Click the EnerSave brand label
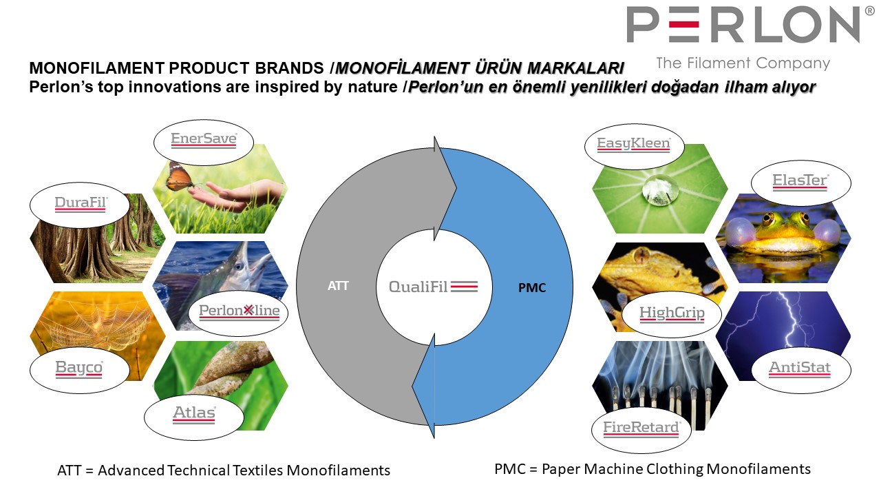click(x=204, y=139)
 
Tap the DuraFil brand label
click(x=81, y=203)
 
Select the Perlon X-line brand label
click(x=239, y=312)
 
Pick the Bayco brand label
click(x=79, y=369)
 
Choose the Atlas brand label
click(x=194, y=414)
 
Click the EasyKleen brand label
click(x=634, y=144)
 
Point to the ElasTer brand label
click(x=800, y=181)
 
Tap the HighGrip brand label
click(x=672, y=313)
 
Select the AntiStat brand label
click(x=800, y=369)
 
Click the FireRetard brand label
click(x=641, y=428)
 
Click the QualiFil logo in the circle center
click(x=433, y=287)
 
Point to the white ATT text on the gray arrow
click(x=338, y=286)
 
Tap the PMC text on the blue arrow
click(x=532, y=288)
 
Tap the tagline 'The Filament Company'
click(x=743, y=63)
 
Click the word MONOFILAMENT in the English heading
click(x=97, y=68)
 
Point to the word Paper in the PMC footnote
click(x=561, y=469)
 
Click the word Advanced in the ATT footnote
click(x=131, y=471)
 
